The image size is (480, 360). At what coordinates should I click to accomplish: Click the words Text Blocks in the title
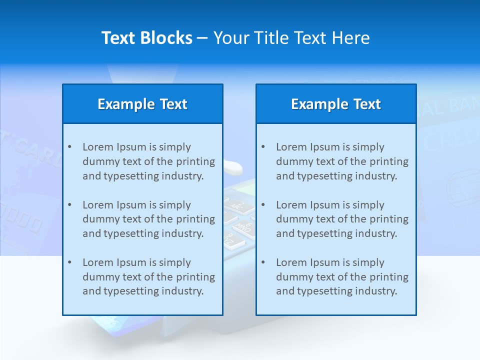146,38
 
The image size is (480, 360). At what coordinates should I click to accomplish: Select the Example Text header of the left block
142,104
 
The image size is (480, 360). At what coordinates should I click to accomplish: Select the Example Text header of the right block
336,104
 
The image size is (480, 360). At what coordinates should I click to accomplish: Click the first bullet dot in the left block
69,147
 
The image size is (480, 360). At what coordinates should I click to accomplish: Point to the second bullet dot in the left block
69,205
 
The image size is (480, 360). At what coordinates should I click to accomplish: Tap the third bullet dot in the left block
69,262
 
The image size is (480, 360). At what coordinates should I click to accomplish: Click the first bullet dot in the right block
263,147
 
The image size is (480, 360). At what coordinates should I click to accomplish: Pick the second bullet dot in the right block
263,205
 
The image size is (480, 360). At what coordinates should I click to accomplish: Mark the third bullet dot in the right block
263,262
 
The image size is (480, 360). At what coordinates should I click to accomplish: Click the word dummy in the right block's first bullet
292,161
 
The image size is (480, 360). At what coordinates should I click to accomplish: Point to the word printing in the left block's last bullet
196,277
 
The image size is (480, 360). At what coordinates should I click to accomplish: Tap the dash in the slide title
202,38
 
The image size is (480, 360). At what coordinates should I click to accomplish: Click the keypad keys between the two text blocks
239,220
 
